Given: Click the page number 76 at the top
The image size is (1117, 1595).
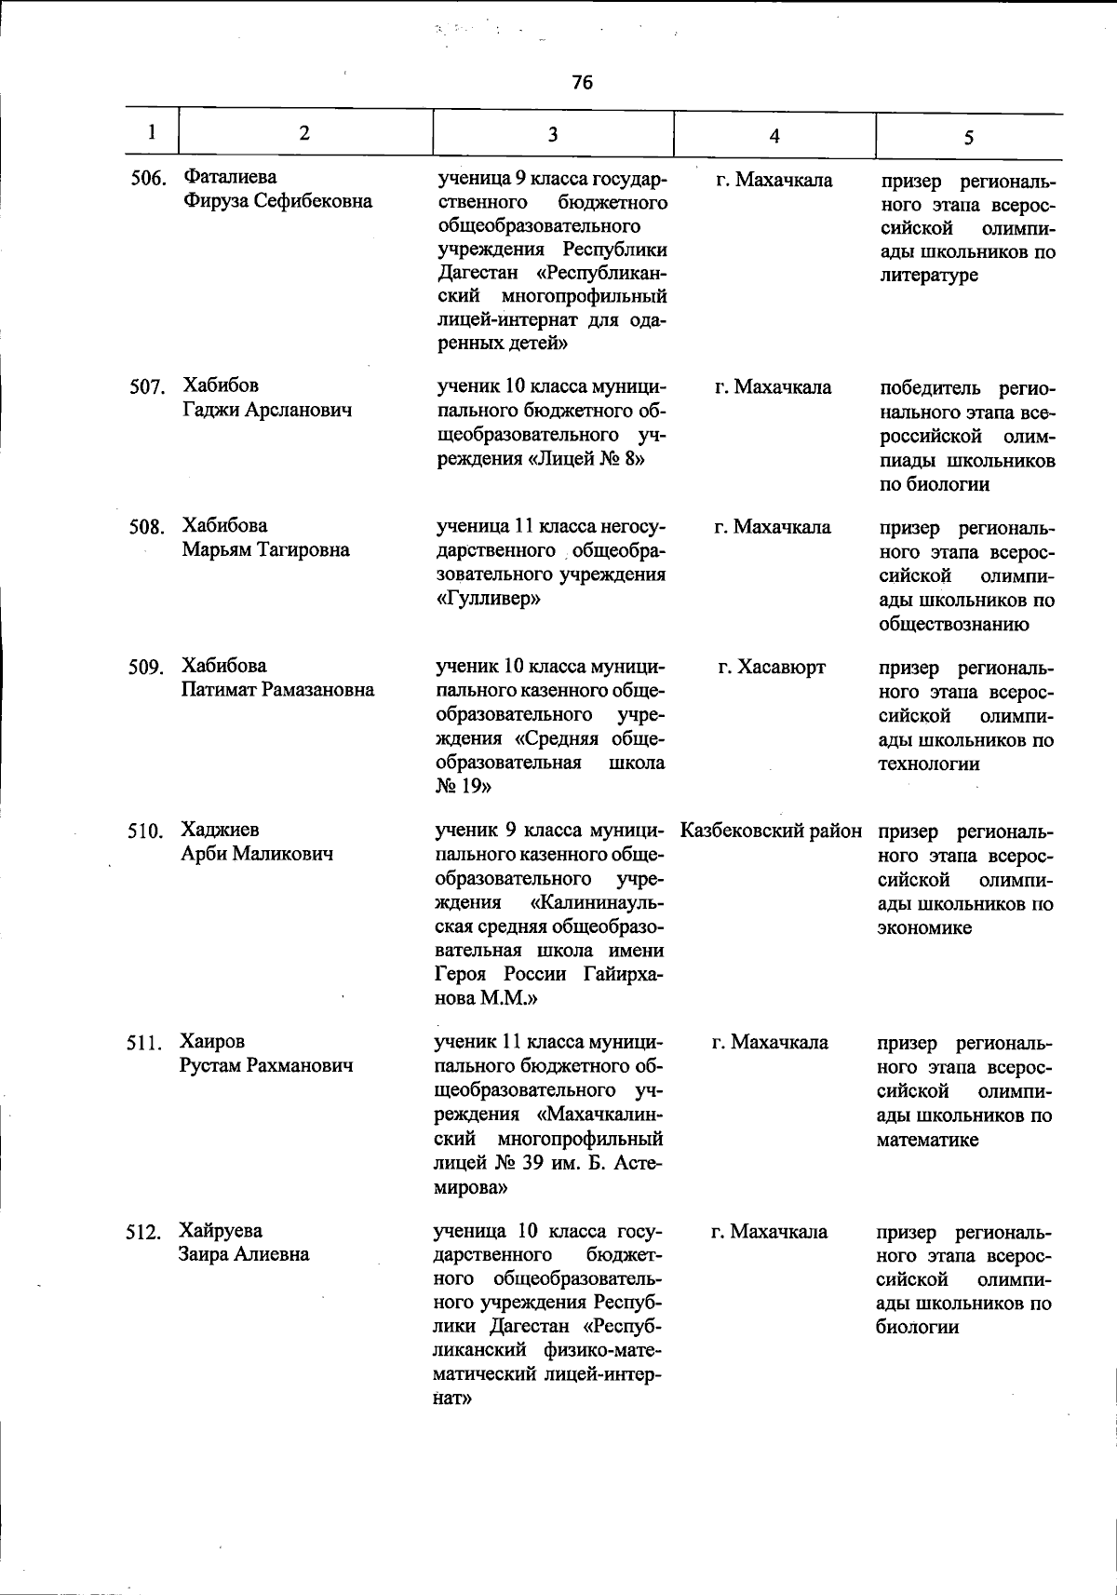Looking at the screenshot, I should tap(582, 83).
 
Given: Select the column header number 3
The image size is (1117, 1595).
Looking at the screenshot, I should tap(552, 135).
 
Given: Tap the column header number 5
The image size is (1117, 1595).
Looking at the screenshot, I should tap(968, 138).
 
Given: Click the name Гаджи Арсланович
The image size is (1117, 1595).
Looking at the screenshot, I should tap(266, 411).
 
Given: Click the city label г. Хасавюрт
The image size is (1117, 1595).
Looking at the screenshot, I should tap(772, 668).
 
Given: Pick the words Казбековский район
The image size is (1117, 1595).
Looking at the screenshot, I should tap(771, 831).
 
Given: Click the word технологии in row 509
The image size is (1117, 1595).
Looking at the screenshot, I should tap(928, 764).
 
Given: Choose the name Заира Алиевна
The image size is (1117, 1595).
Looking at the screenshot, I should tap(244, 1254).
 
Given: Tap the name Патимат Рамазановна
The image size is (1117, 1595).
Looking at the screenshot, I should tap(278, 690).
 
